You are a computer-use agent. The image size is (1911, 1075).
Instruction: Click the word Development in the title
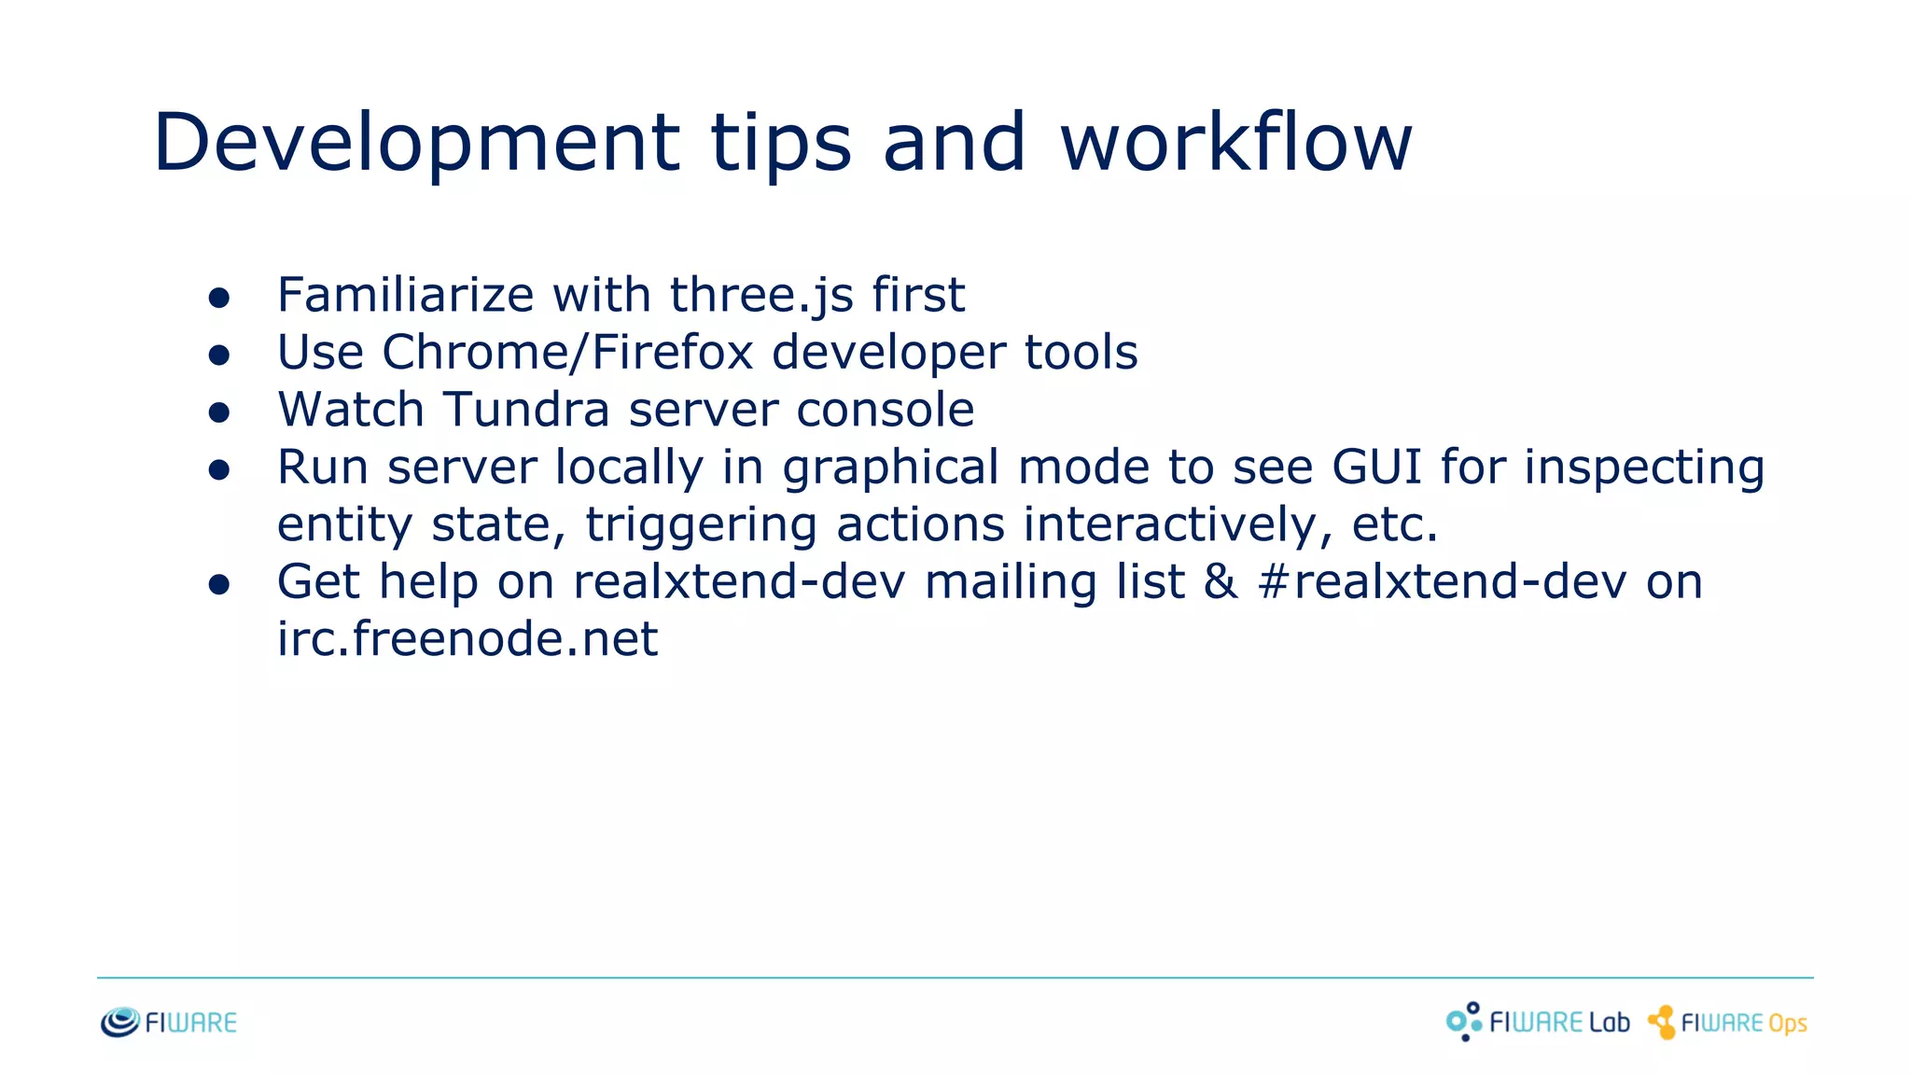pos(417,142)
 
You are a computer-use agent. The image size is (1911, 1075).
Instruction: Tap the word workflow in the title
pos(1235,142)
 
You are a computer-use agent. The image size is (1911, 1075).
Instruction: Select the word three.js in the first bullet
pos(761,295)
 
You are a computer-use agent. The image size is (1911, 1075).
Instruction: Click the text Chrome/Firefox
pos(567,353)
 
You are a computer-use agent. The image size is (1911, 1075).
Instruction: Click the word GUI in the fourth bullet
pos(1376,467)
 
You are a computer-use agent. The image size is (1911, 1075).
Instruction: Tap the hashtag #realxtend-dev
pos(1442,581)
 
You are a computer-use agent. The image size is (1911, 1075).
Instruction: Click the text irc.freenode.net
pos(467,639)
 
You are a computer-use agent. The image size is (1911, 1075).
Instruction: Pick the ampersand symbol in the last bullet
pos(1221,581)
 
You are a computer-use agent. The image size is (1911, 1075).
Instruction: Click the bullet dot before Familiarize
pos(219,298)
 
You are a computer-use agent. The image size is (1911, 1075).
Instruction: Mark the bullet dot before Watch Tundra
pos(219,412)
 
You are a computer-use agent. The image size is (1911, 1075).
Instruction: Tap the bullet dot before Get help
pos(219,585)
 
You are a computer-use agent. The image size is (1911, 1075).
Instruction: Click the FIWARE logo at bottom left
pos(169,1023)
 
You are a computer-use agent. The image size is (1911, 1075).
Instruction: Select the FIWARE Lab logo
pos(1538,1022)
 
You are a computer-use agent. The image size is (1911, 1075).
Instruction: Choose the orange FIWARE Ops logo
pos(1727,1023)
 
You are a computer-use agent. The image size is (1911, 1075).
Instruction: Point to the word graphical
pos(890,468)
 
